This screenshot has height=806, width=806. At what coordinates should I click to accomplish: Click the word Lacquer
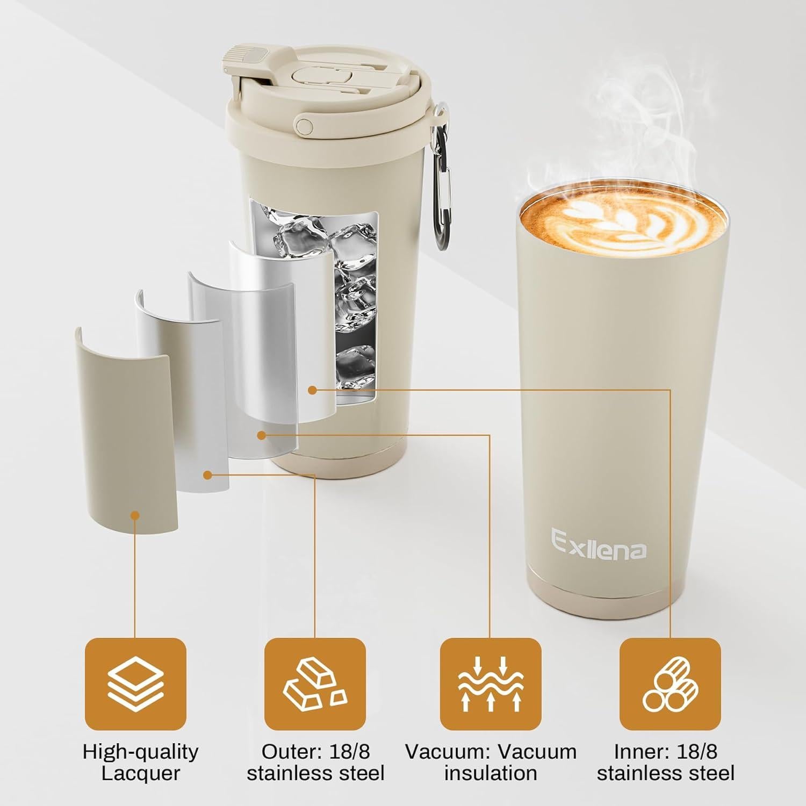pyautogui.click(x=140, y=774)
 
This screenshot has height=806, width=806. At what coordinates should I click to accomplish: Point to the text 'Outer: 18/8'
pyautogui.click(x=315, y=751)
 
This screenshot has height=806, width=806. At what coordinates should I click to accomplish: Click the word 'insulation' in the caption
pyautogui.click(x=490, y=774)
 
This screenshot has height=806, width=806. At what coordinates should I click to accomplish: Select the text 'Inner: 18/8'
pyautogui.click(x=665, y=751)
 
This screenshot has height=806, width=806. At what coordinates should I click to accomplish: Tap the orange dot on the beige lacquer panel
pyautogui.click(x=135, y=515)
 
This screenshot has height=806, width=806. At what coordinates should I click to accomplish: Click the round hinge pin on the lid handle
pyautogui.click(x=306, y=126)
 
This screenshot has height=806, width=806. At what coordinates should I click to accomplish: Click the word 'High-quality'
pyautogui.click(x=140, y=751)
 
